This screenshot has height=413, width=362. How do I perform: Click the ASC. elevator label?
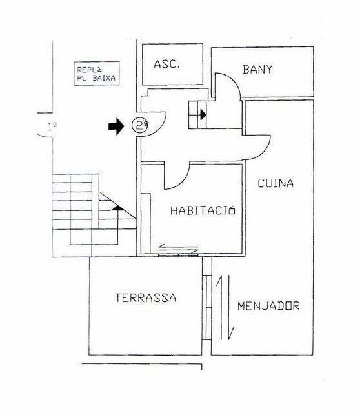coord(166,65)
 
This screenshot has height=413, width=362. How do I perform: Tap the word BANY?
coord(257,70)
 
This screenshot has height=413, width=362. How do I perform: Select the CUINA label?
coord(276,183)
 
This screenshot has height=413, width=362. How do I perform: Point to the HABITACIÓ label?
coord(203,210)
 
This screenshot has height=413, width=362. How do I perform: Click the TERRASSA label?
coord(146,297)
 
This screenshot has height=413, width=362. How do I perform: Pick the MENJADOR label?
coord(268,306)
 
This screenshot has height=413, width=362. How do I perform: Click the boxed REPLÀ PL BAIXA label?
coord(96,73)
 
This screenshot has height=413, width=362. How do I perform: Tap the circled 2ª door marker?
coord(139,125)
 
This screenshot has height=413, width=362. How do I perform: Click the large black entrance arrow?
coord(116,126)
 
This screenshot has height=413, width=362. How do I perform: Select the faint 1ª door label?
coord(52,126)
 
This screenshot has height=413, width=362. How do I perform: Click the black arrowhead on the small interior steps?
coord(203,115)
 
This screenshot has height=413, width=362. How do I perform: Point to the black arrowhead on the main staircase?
coord(118,208)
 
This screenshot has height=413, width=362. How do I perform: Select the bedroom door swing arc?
coord(182,183)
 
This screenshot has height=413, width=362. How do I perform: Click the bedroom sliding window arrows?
coord(178,248)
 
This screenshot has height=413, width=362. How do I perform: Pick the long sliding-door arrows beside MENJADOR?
coord(225,307)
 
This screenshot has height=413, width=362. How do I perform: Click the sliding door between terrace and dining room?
coord(207,307)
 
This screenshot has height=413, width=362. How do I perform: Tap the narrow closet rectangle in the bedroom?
coord(146,224)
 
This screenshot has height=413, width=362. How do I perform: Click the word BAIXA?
coord(104,78)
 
